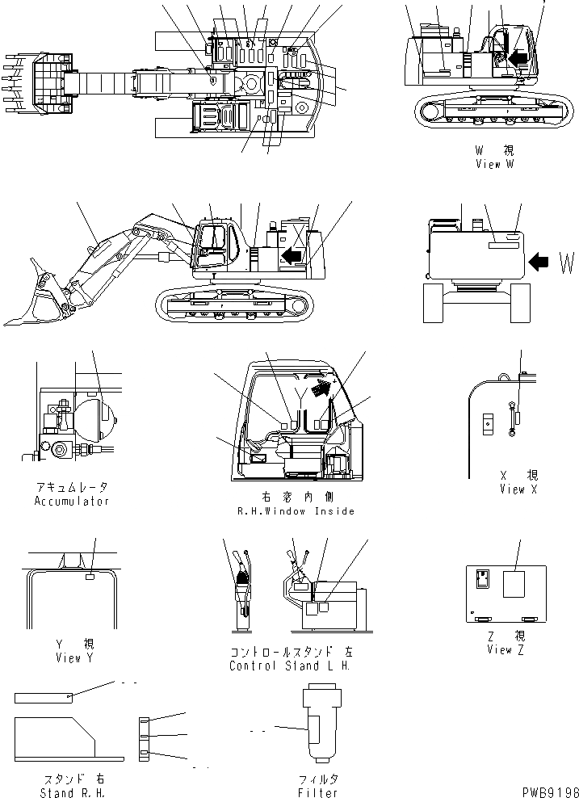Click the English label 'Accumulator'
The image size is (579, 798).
(x=72, y=501)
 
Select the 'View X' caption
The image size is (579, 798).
(x=512, y=489)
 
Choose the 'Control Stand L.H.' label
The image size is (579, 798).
(x=291, y=666)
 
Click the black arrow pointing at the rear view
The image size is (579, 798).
(x=538, y=261)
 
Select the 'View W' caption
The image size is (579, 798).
(x=494, y=164)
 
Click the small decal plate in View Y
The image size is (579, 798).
(x=90, y=577)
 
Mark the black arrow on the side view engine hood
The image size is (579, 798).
(x=292, y=256)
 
